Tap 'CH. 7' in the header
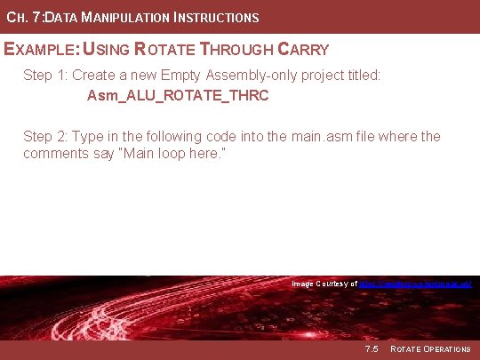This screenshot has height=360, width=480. click(23, 18)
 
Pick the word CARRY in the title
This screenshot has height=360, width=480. click(303, 50)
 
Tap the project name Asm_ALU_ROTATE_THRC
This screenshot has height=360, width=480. click(178, 95)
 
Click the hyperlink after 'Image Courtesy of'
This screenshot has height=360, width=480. click(414, 284)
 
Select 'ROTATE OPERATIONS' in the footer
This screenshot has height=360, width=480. click(430, 348)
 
